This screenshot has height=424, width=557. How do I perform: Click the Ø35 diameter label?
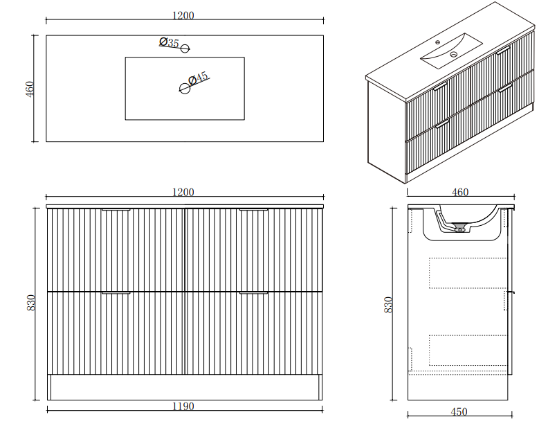[169, 43]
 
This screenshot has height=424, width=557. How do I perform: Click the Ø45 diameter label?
[198, 78]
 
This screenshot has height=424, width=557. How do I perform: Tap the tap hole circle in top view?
[185, 48]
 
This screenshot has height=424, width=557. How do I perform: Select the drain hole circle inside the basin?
[185, 88]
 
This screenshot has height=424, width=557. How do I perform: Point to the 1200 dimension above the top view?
[183, 16]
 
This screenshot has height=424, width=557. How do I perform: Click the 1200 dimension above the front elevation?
[183, 192]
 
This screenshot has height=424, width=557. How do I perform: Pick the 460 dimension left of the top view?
[30, 89]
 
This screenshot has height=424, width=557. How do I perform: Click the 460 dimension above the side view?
[460, 192]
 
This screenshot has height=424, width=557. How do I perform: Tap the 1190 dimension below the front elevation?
[183, 406]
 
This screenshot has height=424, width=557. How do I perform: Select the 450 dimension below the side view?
[459, 412]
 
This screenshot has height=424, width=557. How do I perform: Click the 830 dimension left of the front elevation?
[31, 303]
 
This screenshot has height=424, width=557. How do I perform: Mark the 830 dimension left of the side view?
[388, 305]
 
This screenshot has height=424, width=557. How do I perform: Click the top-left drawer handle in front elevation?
[116, 210]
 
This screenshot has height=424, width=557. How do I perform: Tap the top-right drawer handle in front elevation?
[253, 210]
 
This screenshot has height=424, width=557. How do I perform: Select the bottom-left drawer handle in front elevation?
[116, 293]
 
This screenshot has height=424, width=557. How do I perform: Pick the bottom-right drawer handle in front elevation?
[253, 293]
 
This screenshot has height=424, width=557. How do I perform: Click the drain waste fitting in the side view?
[460, 227]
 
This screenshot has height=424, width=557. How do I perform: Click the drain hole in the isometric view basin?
[454, 55]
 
